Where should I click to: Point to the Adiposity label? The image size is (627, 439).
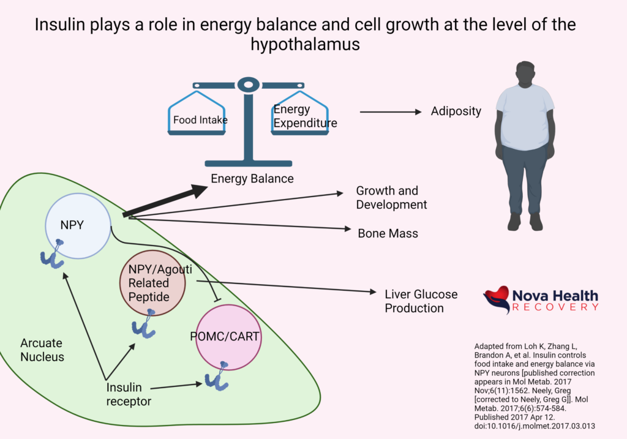[x=456, y=111]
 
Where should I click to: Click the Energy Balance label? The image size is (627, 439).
[x=252, y=179]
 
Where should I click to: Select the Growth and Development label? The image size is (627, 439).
[x=391, y=197]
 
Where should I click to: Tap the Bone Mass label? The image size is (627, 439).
[x=388, y=233]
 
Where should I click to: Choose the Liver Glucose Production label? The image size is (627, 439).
[x=421, y=301]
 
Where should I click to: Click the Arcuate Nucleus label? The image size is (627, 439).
[x=41, y=350]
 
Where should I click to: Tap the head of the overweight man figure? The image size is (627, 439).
[x=525, y=74]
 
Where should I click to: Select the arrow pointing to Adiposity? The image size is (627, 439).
[x=391, y=112]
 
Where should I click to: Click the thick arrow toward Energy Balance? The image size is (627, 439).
[x=165, y=201]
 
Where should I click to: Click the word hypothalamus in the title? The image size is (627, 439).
[x=313, y=44]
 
